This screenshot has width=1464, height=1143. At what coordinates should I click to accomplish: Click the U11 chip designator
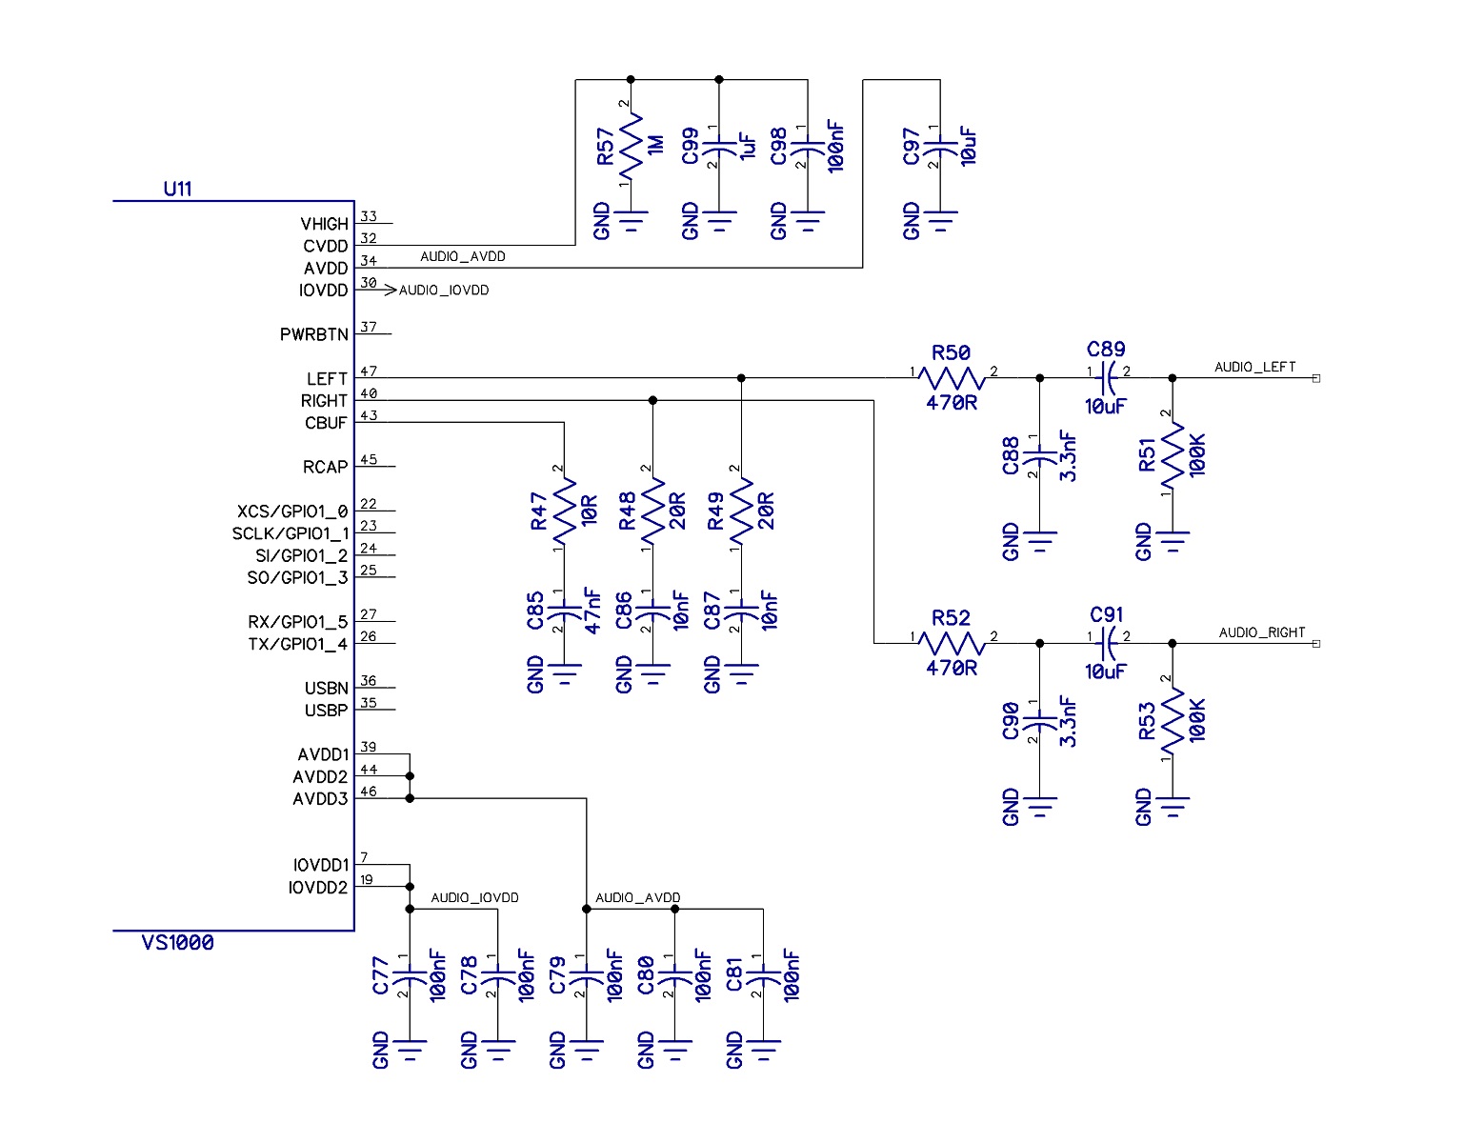(177, 189)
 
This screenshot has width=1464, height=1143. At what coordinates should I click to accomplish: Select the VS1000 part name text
(178, 943)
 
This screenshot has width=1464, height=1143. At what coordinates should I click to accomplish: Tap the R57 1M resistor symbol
(631, 148)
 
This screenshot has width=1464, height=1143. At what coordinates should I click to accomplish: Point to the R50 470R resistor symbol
(952, 378)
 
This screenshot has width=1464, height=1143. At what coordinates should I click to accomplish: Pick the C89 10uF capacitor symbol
(1107, 378)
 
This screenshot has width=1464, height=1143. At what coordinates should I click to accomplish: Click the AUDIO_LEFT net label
(1254, 367)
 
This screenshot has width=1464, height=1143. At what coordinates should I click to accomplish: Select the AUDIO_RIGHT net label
(1261, 632)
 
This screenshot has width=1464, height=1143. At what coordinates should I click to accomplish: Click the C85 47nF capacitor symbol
(564, 611)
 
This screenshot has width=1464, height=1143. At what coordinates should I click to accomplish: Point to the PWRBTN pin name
(313, 335)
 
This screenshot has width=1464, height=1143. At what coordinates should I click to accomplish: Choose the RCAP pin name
(326, 468)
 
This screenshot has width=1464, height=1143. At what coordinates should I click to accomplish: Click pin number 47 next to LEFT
(369, 371)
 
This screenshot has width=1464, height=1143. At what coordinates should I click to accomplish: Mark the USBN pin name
(327, 689)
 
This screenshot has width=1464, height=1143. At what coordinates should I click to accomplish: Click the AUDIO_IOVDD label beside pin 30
(444, 291)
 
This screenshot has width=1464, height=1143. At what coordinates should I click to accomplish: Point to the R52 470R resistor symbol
(952, 644)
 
